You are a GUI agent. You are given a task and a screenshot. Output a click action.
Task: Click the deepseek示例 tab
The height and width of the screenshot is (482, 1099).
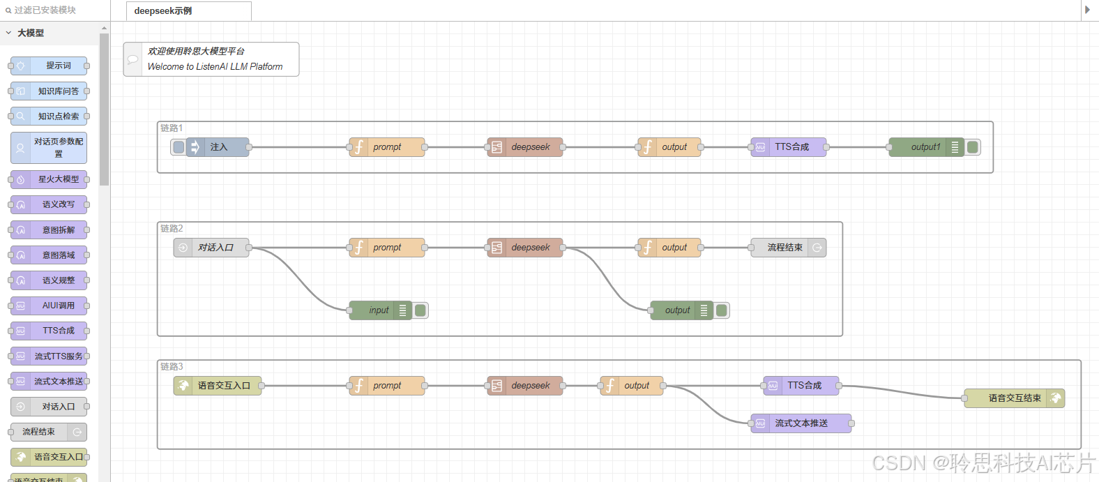point(163,11)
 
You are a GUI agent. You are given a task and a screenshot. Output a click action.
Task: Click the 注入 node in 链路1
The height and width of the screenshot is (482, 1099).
point(218,147)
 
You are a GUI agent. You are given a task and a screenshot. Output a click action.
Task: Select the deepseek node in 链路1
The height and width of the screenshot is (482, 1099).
point(526,147)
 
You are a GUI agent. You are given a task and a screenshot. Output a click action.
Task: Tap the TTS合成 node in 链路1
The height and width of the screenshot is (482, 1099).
point(789,147)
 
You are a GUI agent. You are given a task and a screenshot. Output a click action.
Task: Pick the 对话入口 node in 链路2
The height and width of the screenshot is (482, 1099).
point(212,248)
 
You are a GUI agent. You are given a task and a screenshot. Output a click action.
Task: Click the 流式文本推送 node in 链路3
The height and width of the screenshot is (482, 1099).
point(801,423)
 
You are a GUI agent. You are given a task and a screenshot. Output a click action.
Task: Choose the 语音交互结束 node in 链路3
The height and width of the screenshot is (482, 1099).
point(1014,398)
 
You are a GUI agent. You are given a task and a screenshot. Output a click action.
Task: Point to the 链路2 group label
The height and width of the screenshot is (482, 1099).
point(172,229)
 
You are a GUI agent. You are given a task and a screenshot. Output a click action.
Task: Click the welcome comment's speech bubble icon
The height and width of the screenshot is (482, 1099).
point(132,59)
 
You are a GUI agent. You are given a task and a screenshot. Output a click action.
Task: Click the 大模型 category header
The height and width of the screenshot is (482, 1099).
point(31,33)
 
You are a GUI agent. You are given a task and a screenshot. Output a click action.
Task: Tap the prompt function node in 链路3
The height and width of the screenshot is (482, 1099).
point(387,386)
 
